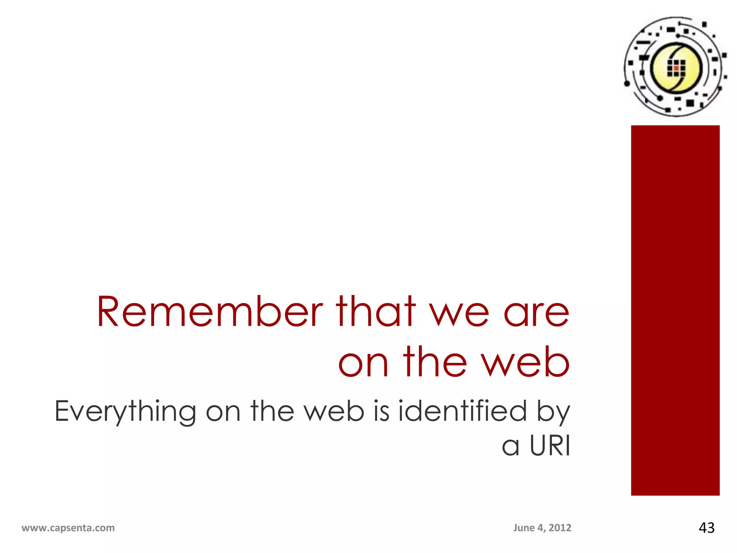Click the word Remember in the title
[x=209, y=312]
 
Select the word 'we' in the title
[x=460, y=315]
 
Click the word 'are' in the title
[x=536, y=315]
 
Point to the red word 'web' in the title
[x=526, y=362]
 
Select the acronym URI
[x=550, y=446]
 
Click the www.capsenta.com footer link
[x=68, y=528]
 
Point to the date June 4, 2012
[x=542, y=528]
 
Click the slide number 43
[x=706, y=528]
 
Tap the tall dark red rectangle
[x=675, y=310]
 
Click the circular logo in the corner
[x=675, y=67]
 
